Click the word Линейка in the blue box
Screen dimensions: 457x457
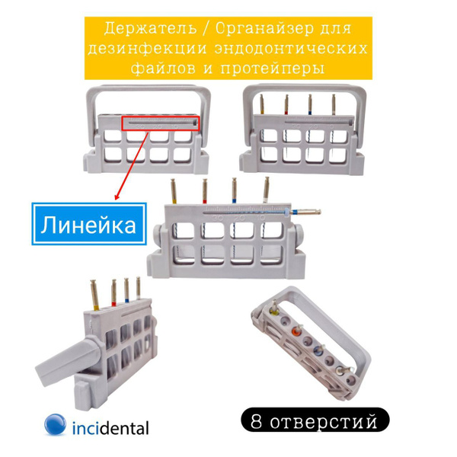click(x=88, y=224)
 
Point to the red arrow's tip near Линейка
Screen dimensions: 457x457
click(x=115, y=200)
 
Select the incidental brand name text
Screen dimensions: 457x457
click(x=110, y=427)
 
